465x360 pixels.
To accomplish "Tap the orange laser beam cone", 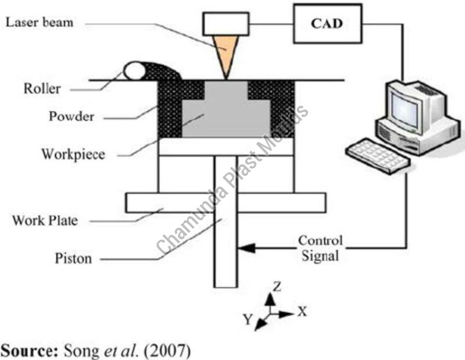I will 224,52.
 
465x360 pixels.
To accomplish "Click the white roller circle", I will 134,71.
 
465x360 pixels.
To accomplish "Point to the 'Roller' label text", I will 42,89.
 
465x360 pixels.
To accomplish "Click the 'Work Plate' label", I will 45,221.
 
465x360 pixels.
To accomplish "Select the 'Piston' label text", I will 73,258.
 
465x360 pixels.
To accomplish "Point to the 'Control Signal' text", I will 320,248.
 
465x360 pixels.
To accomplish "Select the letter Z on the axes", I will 277,286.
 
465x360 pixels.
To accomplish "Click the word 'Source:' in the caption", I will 26,351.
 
